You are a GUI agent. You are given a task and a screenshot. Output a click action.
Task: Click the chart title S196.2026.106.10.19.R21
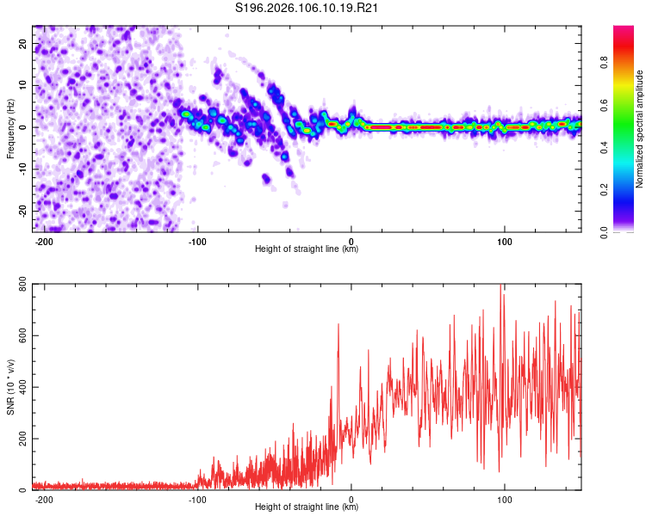[x=307, y=9]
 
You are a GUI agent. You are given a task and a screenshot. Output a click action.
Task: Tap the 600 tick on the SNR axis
[x=22, y=335]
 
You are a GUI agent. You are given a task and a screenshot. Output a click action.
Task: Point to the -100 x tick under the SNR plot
[x=197, y=500]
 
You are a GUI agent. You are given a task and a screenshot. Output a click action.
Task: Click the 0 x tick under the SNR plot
[x=351, y=500]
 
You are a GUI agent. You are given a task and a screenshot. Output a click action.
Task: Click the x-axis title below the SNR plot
[x=307, y=508]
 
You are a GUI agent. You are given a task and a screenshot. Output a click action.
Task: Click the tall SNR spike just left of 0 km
[x=338, y=325]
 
